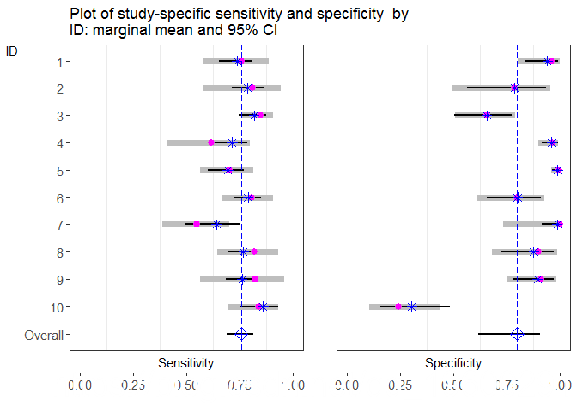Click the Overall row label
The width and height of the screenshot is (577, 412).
click(x=43, y=335)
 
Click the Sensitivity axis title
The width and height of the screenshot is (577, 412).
click(x=185, y=364)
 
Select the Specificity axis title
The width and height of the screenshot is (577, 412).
click(x=452, y=364)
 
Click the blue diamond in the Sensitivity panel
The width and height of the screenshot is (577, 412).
click(x=241, y=334)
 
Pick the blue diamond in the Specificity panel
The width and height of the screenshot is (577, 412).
click(x=517, y=334)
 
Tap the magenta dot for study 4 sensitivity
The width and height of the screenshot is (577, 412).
click(x=211, y=142)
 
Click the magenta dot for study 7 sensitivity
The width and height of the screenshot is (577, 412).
click(x=197, y=224)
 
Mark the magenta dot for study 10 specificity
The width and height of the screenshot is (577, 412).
click(x=398, y=306)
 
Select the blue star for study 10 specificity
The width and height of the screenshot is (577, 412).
click(x=412, y=306)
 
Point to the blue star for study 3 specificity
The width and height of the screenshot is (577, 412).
click(x=487, y=115)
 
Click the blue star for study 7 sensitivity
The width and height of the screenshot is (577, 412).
click(x=216, y=224)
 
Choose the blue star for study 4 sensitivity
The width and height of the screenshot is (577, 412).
click(x=232, y=142)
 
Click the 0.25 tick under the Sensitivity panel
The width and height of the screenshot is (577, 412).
click(x=133, y=386)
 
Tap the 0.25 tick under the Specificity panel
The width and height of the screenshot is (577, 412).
click(x=401, y=386)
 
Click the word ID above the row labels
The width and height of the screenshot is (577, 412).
click(x=12, y=51)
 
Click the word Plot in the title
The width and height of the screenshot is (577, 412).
click(x=82, y=15)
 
